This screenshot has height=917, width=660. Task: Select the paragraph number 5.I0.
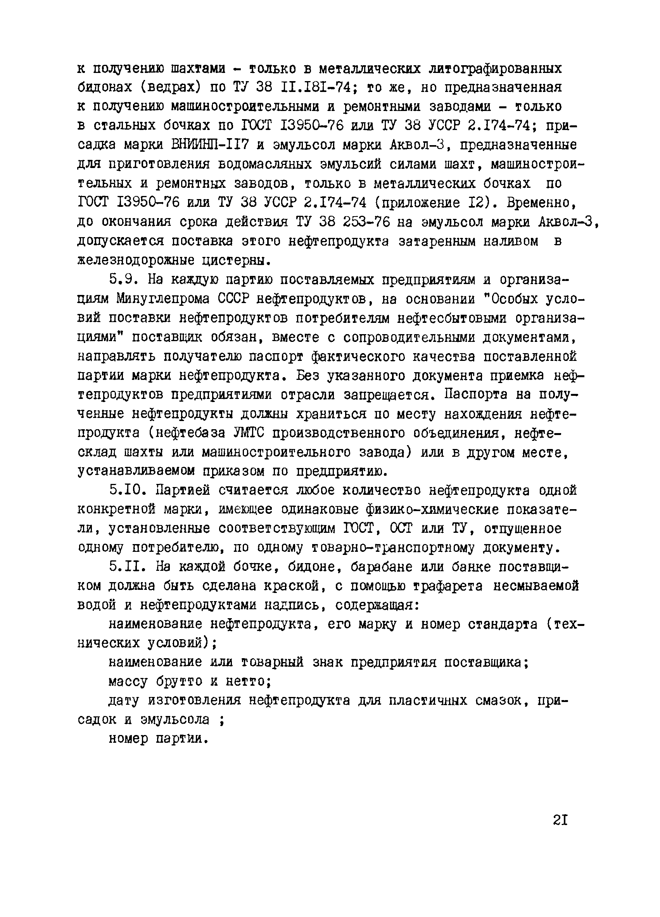click(x=128, y=491)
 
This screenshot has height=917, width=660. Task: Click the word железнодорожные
click(x=135, y=260)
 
